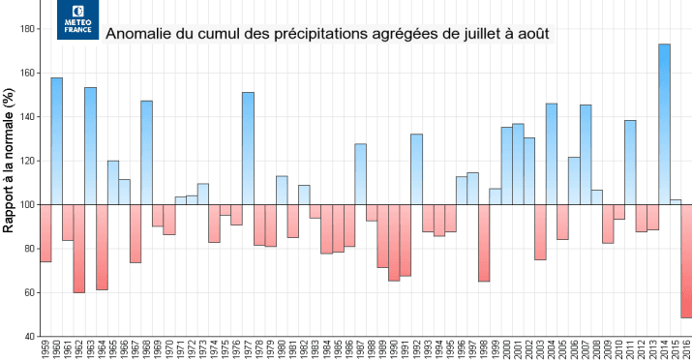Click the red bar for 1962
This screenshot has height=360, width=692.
(79, 248)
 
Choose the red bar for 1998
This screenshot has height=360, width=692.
(484, 242)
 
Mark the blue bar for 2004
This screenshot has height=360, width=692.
(552, 154)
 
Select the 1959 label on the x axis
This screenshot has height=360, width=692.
(45, 348)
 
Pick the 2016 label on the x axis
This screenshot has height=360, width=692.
(686, 348)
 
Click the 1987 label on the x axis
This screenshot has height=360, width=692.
(360, 348)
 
